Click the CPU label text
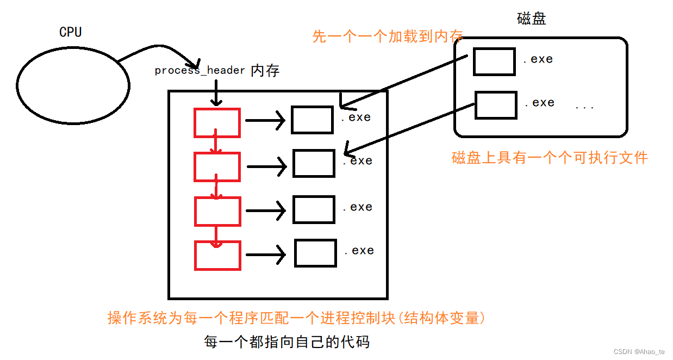click(x=70, y=32)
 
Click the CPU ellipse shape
click(x=73, y=85)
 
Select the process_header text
click(x=200, y=71)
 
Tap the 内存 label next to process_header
click(x=265, y=71)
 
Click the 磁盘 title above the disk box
click(x=531, y=19)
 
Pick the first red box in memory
click(x=217, y=123)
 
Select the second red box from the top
click(x=217, y=167)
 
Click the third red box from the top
click(x=217, y=211)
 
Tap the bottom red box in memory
click(x=217, y=255)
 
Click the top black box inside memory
click(x=312, y=120)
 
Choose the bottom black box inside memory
click(x=315, y=253)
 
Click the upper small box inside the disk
click(x=494, y=61)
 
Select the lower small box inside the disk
click(x=496, y=105)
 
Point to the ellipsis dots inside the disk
click(x=584, y=107)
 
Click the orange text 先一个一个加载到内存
click(x=388, y=36)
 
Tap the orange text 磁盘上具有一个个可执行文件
click(x=550, y=158)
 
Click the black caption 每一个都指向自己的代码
click(x=286, y=342)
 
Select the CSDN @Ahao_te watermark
click(x=639, y=352)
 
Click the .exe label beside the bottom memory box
click(x=359, y=251)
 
